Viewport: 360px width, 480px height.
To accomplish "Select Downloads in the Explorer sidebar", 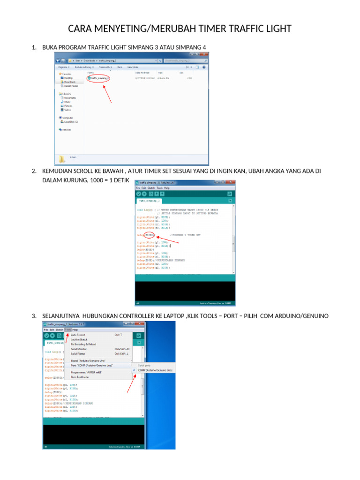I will coord(69,82).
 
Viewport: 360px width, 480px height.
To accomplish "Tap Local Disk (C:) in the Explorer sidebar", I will coord(71,121).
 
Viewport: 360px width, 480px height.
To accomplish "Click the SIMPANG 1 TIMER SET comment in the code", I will coord(186,235).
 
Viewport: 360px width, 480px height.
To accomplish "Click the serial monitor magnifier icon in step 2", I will coord(230,194).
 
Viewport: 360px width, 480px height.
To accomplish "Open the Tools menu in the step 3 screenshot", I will coord(68,330).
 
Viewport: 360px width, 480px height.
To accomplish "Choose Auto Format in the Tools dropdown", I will coord(78,335).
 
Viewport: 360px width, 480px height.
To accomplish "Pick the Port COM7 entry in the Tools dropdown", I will coord(93,365).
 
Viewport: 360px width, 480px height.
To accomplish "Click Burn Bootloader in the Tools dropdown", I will coord(80,376).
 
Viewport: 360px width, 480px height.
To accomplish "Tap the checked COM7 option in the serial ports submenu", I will coord(155,370).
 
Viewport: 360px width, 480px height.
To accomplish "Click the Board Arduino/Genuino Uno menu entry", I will coord(91,360).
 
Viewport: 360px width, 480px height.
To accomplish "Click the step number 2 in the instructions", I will coord(34,172).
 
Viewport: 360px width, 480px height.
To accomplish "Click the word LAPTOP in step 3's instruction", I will coord(172,316).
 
